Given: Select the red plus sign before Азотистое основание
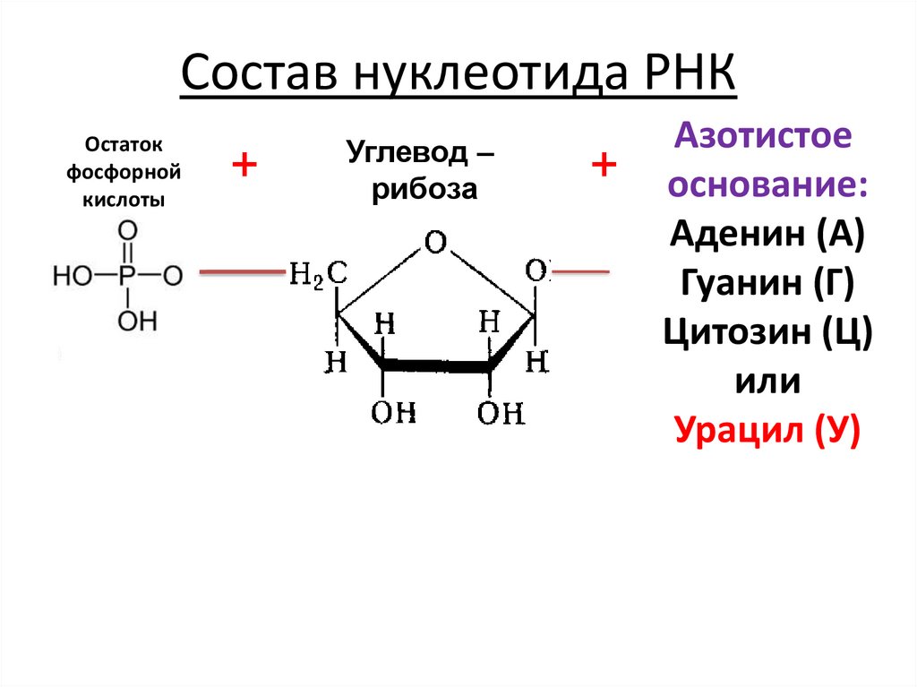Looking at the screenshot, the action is tap(604, 165).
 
